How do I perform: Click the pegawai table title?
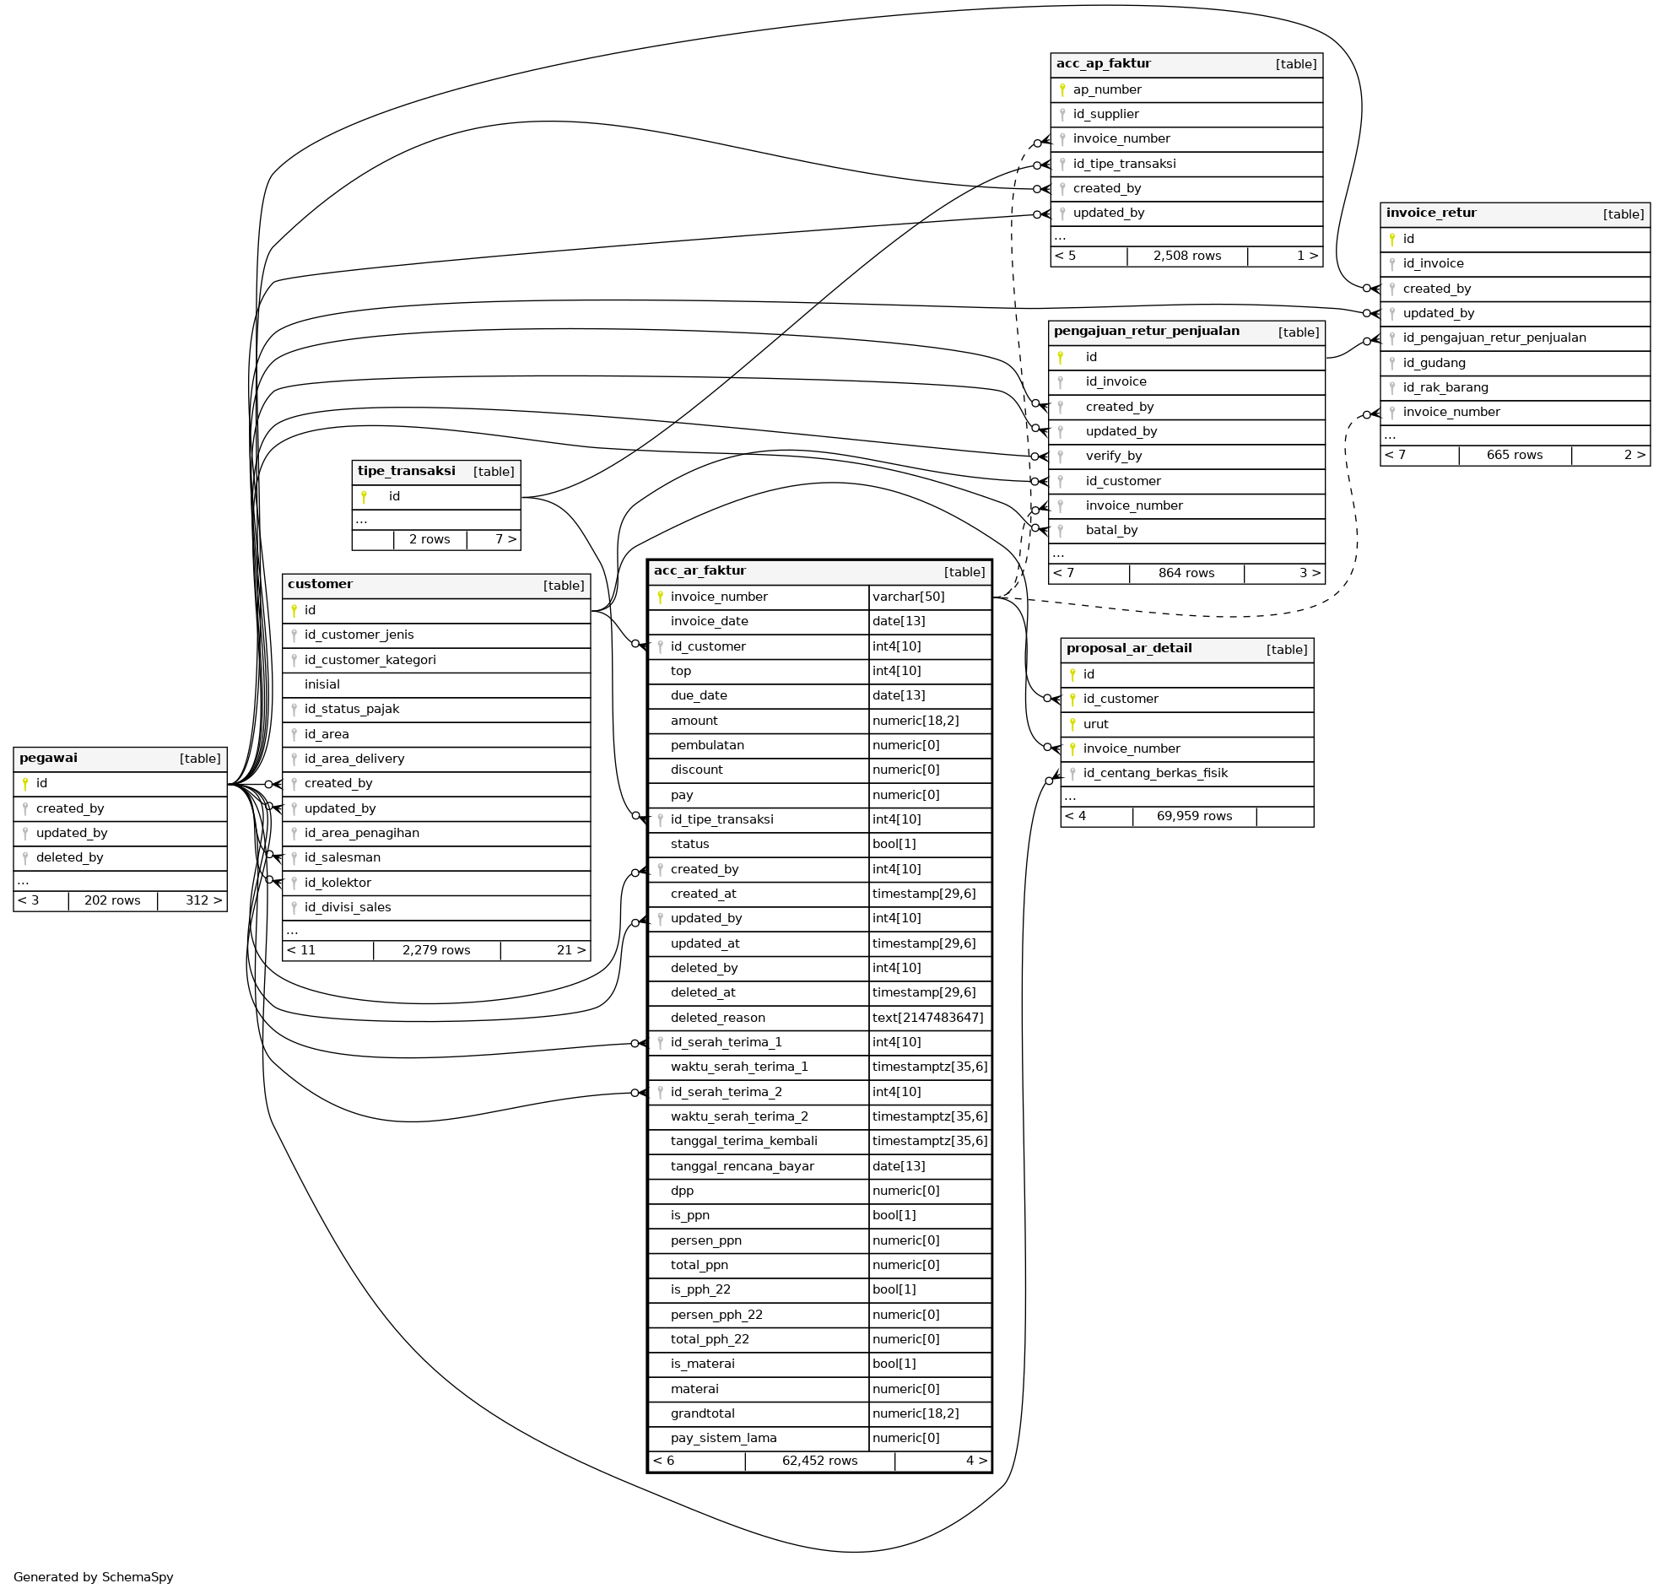[48, 758]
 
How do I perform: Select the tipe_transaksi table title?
[406, 471]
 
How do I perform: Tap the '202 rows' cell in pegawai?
[112, 900]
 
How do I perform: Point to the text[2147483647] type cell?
[928, 1018]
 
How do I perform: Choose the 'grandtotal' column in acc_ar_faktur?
[702, 1413]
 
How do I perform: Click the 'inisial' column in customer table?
[321, 684]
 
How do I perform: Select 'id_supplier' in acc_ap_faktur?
[1105, 114]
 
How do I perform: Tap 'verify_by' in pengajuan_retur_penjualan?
[1114, 456]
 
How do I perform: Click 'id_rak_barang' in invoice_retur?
[1445, 387]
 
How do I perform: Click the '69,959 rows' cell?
[1194, 816]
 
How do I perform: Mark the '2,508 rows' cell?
[1187, 256]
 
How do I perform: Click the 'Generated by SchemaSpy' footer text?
[94, 1577]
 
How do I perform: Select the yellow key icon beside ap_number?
[1062, 89]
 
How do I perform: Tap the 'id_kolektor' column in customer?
[337, 883]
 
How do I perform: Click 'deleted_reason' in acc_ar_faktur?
[717, 1018]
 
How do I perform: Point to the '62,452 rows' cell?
[819, 1461]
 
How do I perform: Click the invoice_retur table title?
[1430, 213]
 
